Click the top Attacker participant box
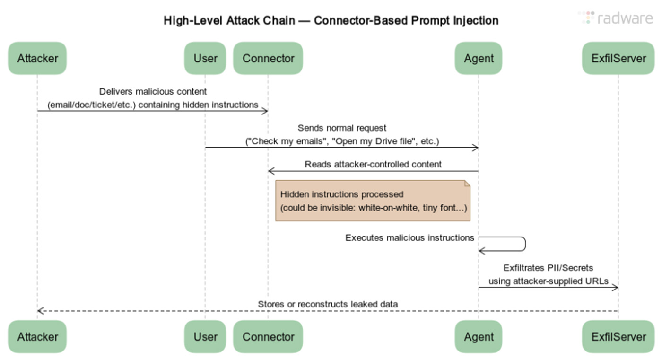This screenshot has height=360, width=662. coord(37,58)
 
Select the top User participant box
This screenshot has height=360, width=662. coord(205,58)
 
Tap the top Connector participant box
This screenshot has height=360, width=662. coord(268,58)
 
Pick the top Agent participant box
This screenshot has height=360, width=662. coord(479,58)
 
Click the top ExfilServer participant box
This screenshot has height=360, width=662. coord(618,58)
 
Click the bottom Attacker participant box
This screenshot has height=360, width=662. coord(37,337)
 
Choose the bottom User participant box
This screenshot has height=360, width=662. coord(205,337)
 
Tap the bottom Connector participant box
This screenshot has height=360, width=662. coord(268,337)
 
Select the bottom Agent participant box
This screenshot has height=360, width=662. coord(479,337)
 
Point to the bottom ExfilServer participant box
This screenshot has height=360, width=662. coord(618,337)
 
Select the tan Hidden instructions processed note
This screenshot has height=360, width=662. coord(373,201)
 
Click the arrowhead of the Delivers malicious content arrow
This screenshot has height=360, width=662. coord(265,111)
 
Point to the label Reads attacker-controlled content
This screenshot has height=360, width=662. coord(373,164)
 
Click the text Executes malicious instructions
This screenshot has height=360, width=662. coord(409,238)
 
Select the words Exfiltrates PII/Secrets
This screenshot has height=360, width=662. coord(548,268)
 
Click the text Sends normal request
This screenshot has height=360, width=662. coord(342,128)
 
